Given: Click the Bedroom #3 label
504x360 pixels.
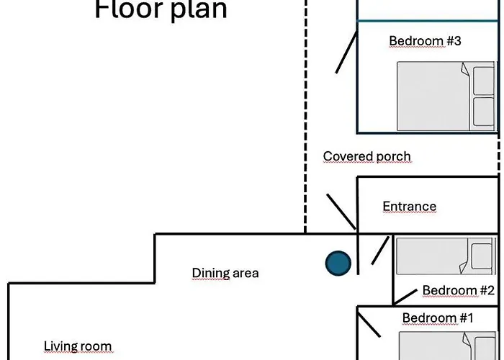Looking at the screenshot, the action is pyautogui.click(x=425, y=41).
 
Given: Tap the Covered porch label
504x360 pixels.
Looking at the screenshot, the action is pyautogui.click(x=366, y=156).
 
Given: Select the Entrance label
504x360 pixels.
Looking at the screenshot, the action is pyautogui.click(x=410, y=207).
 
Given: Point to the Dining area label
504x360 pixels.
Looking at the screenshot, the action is pyautogui.click(x=225, y=273).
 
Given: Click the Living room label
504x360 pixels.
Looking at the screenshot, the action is pyautogui.click(x=78, y=346).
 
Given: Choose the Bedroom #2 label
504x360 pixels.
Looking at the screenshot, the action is pyautogui.click(x=458, y=290).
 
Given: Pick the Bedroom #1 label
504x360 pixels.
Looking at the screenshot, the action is pyautogui.click(x=438, y=318).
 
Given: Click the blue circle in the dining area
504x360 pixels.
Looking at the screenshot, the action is pyautogui.click(x=338, y=264).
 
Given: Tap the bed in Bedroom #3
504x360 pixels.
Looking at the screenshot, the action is pyautogui.click(x=446, y=96).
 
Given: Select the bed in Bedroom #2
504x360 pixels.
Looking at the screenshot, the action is pyautogui.click(x=446, y=256).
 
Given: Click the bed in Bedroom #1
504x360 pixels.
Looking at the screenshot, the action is pyautogui.click(x=447, y=346).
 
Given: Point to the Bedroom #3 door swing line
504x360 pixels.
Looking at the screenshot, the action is pyautogui.click(x=346, y=52).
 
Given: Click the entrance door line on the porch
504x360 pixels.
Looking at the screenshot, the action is pyautogui.click(x=341, y=212).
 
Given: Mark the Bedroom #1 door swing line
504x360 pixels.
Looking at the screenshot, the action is pyautogui.click(x=369, y=325).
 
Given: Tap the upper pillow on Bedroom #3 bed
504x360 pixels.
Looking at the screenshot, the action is pyautogui.click(x=484, y=81).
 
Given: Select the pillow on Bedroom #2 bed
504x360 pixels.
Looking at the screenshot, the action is pyautogui.click(x=482, y=256).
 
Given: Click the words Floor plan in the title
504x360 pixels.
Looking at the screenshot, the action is pyautogui.click(x=161, y=9).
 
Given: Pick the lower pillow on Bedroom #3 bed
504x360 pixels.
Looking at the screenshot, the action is pyautogui.click(x=484, y=111).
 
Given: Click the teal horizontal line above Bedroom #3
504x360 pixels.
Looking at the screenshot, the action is pyautogui.click(x=428, y=21).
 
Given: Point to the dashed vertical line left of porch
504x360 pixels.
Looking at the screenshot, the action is pyautogui.click(x=305, y=116).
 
